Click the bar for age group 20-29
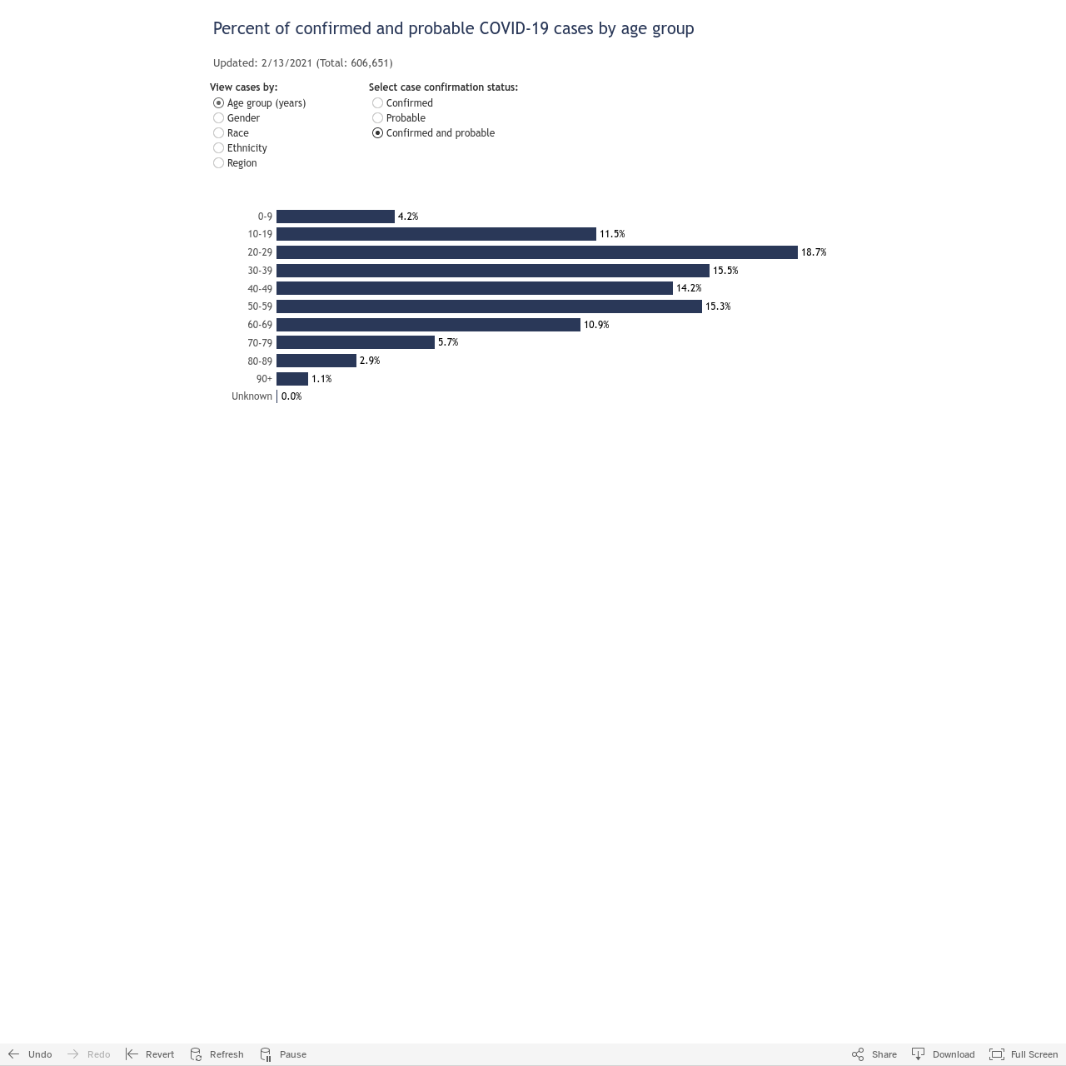pyautogui.click(x=536, y=252)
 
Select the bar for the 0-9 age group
pyautogui.click(x=336, y=217)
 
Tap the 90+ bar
pyautogui.click(x=292, y=379)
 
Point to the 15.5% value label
pyautogui.click(x=725, y=271)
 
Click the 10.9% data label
pyautogui.click(x=596, y=325)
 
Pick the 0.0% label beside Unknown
pyautogui.click(x=291, y=396)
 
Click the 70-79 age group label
pyautogui.click(x=260, y=343)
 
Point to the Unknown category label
pyautogui.click(x=252, y=396)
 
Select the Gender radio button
pyautogui.click(x=218, y=117)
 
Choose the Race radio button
pyautogui.click(x=218, y=132)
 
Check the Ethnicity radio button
pyautogui.click(x=218, y=147)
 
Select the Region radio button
pyautogui.click(x=218, y=162)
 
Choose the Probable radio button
pyautogui.click(x=378, y=117)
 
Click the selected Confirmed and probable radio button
pyautogui.click(x=378, y=132)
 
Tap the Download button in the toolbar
pyautogui.click(x=944, y=1054)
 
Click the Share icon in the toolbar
pyautogui.click(x=858, y=1054)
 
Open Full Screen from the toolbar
pyautogui.click(x=1024, y=1054)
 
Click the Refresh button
pyautogui.click(x=217, y=1054)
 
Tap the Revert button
pyautogui.click(x=150, y=1054)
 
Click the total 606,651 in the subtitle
pyautogui.click(x=370, y=63)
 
